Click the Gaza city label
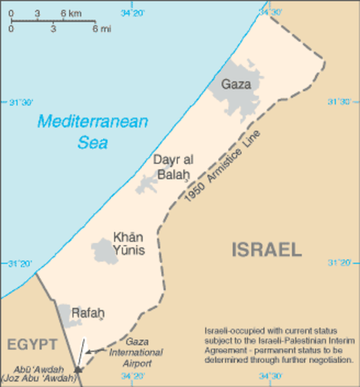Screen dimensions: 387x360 [236, 83]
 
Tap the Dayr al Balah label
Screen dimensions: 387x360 [171, 166]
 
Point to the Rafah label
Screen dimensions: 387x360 [88, 312]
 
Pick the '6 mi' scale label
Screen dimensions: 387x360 [101, 29]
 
